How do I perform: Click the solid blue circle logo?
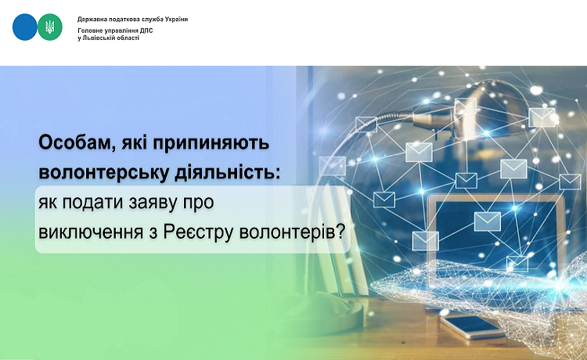click(x=25, y=27)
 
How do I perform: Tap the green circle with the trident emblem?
click(x=50, y=27)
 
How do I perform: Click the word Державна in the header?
click(x=89, y=19)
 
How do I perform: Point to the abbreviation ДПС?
click(x=146, y=31)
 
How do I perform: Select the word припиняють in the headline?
click(x=211, y=144)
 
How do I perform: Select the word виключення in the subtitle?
click(x=91, y=232)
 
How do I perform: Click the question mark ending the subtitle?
click(x=340, y=232)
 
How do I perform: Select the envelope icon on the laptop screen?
click(x=488, y=221)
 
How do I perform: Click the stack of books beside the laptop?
click(x=339, y=243)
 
